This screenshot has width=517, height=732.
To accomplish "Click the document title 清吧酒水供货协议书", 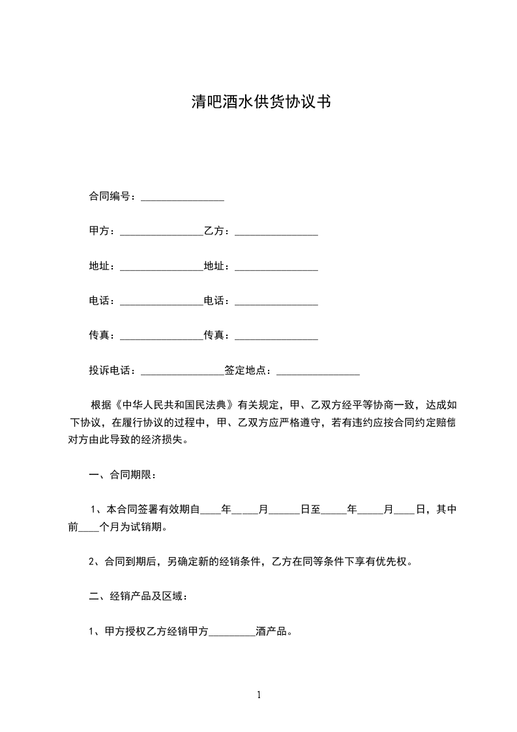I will coord(259,102).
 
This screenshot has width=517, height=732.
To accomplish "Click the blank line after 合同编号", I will coord(183,198).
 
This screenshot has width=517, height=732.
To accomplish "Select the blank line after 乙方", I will coord(276,232).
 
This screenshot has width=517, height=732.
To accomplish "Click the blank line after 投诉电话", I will coord(183,373).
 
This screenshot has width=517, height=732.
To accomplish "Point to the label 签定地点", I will coord(247,371).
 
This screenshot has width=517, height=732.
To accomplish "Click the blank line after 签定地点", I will coord(318,373).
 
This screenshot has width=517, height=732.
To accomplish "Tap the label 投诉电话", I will coord(111,371).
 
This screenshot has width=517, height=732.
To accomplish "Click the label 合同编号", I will coord(111,196).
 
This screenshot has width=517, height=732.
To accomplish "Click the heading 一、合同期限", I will coord(122,474).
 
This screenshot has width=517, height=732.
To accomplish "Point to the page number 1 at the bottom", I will coord(259,694).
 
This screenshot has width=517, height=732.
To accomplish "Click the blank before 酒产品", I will coord(232,632).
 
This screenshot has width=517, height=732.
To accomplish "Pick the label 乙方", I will coord(216,231).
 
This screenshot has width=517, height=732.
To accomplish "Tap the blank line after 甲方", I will coord(162,232).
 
